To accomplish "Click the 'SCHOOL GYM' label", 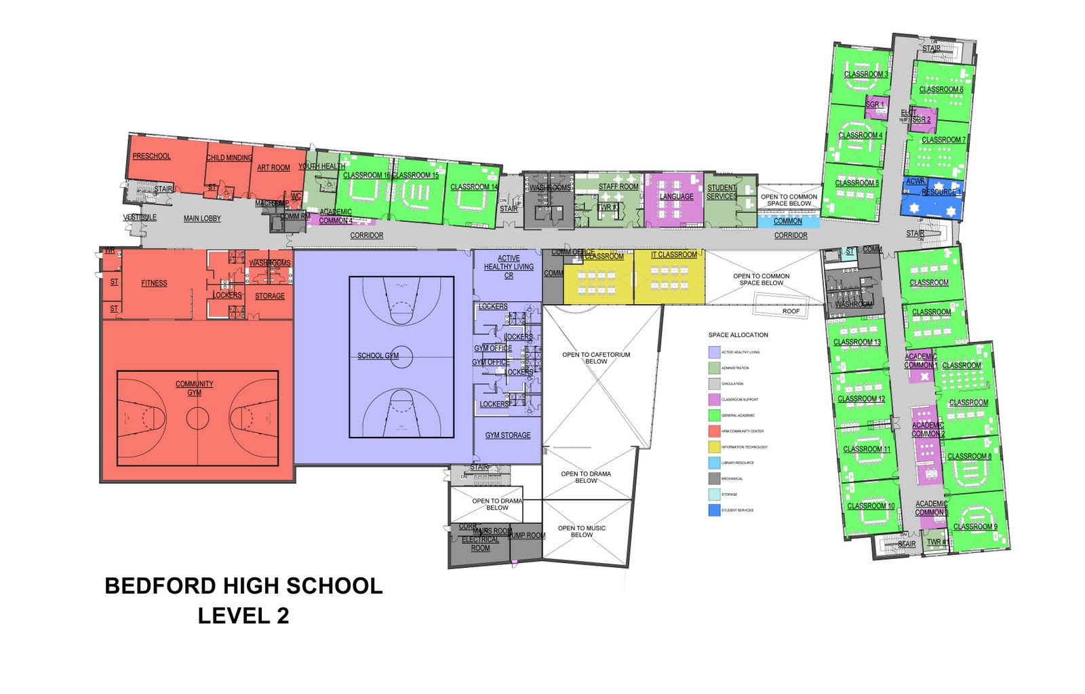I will click(x=378, y=355).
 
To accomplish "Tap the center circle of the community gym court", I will click(x=197, y=418).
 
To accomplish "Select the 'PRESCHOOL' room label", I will click(x=151, y=156).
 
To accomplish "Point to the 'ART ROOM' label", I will click(x=273, y=168).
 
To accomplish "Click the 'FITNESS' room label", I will click(x=154, y=283).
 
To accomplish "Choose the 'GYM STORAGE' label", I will click(x=508, y=435).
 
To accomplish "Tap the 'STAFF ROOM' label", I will click(x=618, y=187).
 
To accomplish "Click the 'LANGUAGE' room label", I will click(x=676, y=197).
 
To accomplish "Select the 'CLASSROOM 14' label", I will click(x=474, y=187).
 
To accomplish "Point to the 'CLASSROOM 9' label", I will click(x=975, y=526).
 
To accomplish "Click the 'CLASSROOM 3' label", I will click(x=865, y=74).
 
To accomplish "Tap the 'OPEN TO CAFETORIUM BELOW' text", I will click(x=596, y=358).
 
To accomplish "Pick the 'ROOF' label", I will click(x=791, y=311).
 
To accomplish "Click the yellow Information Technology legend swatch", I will click(x=714, y=447).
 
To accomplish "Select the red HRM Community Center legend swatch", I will click(x=714, y=431).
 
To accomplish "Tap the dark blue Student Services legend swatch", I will click(x=714, y=510).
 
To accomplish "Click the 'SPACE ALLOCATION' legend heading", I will click(x=738, y=335).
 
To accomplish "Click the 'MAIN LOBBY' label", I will click(x=202, y=218).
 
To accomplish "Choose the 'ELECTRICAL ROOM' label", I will click(x=480, y=543).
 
